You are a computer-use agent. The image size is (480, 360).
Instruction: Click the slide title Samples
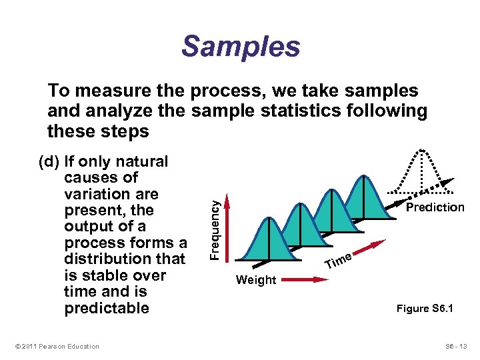240,47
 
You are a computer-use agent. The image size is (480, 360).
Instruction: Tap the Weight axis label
256,281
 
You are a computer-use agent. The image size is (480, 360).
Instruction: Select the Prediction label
435,207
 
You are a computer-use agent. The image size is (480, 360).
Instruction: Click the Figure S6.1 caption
425,309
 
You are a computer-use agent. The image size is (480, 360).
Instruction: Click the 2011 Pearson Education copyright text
56,346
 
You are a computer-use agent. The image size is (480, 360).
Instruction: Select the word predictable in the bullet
107,308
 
